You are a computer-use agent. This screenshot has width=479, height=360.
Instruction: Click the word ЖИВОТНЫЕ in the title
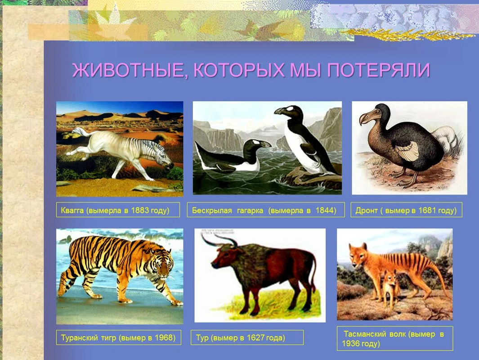click(127, 70)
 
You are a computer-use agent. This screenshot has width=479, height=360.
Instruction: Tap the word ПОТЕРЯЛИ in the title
click(379, 70)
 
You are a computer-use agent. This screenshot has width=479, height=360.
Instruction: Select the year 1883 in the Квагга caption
click(140, 210)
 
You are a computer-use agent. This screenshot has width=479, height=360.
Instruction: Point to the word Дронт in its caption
click(366, 211)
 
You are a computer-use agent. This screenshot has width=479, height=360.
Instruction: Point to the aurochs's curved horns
click(219, 239)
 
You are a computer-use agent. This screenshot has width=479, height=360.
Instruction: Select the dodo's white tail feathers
click(447, 139)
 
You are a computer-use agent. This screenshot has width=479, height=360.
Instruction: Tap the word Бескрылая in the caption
click(212, 211)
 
